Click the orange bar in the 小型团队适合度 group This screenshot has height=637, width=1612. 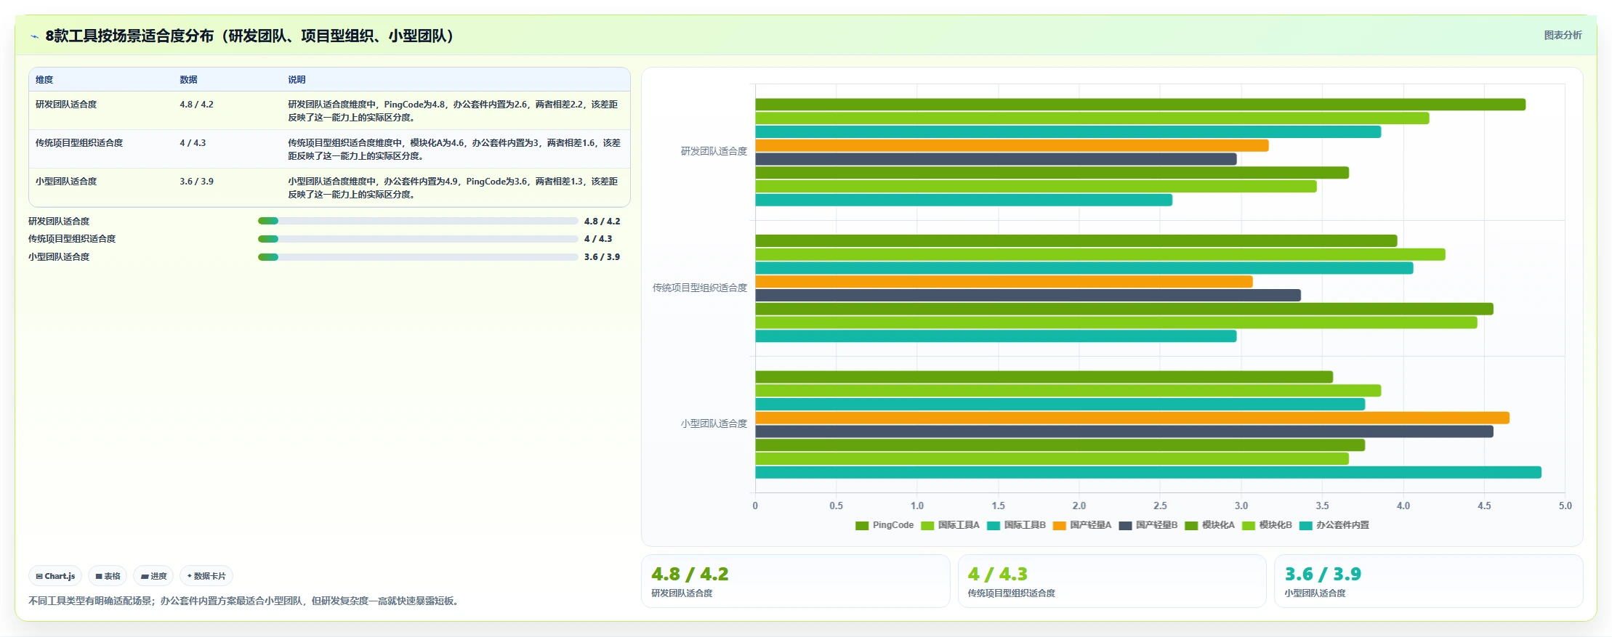point(1132,418)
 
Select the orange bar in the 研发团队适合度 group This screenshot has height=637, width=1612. point(1012,145)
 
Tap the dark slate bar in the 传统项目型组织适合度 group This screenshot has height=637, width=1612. point(1028,295)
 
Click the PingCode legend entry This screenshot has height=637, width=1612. point(884,525)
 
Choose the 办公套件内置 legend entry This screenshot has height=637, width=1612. point(1334,525)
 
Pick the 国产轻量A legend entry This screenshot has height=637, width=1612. point(1082,525)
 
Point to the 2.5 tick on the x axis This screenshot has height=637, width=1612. point(1160,506)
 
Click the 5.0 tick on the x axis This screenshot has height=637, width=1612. point(1565,506)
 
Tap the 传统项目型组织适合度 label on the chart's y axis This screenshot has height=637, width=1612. point(700,288)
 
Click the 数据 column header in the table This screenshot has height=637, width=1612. point(189,80)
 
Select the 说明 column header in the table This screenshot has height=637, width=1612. point(297,80)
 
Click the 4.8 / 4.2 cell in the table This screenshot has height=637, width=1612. point(197,105)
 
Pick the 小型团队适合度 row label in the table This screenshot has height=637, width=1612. point(66,182)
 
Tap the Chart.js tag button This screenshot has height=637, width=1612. point(55,576)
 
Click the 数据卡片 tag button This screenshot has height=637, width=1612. point(206,576)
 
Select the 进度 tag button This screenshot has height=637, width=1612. point(153,576)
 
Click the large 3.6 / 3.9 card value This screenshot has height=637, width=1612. point(1323,574)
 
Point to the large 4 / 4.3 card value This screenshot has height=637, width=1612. point(998,574)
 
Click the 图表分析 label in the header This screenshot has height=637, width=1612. point(1563,35)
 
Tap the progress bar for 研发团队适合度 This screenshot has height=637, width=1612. point(418,221)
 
